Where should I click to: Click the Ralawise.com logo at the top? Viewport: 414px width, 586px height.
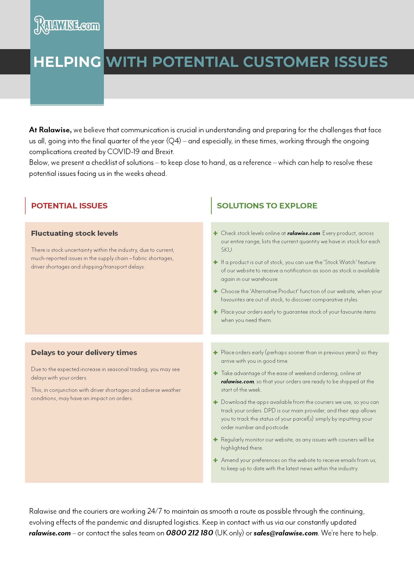(x=67, y=25)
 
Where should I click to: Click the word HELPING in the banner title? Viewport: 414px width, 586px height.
(x=67, y=62)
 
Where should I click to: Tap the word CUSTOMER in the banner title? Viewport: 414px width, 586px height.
(x=286, y=62)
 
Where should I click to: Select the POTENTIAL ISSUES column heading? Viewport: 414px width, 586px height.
(x=69, y=206)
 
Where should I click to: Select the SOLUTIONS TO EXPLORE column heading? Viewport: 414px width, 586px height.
(x=267, y=206)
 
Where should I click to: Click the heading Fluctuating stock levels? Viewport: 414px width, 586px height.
(x=74, y=233)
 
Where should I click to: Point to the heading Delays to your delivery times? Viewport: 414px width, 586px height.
(x=84, y=353)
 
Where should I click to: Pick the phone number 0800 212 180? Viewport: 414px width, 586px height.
(x=189, y=533)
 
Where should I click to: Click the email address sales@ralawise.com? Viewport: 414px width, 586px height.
(x=286, y=533)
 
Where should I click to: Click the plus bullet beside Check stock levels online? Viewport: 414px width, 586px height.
(x=216, y=233)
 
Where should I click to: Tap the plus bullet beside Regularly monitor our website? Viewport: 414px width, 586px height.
(x=216, y=439)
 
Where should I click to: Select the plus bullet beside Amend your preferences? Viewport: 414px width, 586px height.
(x=216, y=460)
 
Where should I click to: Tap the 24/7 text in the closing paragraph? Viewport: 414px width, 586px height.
(x=154, y=511)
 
